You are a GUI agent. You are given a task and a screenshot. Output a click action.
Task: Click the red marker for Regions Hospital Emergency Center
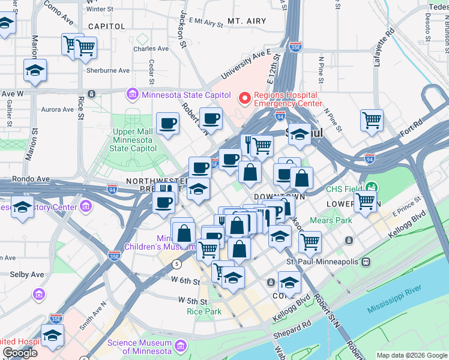(244, 98)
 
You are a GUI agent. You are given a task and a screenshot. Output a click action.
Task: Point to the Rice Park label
(204, 311)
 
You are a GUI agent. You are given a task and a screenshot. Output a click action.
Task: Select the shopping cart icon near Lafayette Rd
(372, 120)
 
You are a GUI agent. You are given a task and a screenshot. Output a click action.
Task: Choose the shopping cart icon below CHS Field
(364, 202)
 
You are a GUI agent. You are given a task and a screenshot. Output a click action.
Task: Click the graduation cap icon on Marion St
(35, 70)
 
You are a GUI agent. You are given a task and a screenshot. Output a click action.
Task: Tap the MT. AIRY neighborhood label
(246, 21)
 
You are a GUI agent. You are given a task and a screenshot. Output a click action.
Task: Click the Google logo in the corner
(20, 353)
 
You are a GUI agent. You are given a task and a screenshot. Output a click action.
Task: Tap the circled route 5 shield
(176, 264)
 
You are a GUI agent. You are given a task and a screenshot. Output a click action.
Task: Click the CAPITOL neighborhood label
(106, 26)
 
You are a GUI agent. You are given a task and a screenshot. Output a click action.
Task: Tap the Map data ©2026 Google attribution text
(411, 355)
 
